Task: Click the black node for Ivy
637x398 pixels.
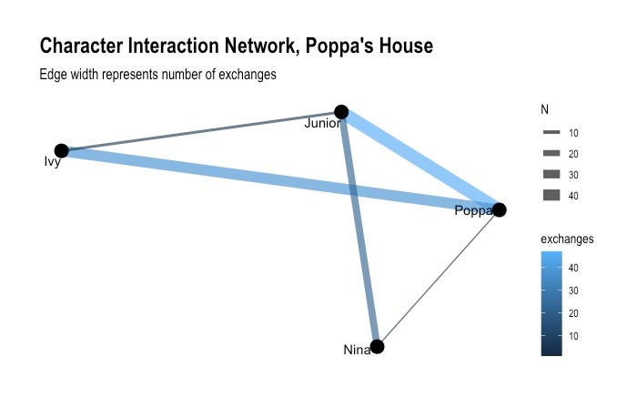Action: (x=62, y=151)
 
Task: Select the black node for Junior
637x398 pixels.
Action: (x=341, y=112)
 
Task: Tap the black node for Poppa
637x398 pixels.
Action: (x=499, y=209)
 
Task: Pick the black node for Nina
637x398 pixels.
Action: (x=378, y=346)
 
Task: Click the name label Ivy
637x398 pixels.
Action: (x=52, y=162)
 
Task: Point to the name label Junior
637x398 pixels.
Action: (x=321, y=124)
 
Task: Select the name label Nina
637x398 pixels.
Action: (x=356, y=350)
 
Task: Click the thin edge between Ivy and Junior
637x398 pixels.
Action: (x=200, y=132)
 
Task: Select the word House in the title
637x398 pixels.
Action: (x=402, y=46)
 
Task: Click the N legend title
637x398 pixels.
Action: (x=544, y=110)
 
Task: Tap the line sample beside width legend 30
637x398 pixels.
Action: (x=551, y=174)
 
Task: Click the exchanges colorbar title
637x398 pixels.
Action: (x=567, y=239)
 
